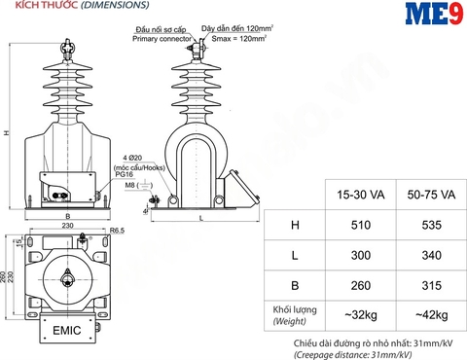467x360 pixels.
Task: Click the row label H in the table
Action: click(x=295, y=226)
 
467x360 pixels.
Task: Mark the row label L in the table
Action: click(x=295, y=255)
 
